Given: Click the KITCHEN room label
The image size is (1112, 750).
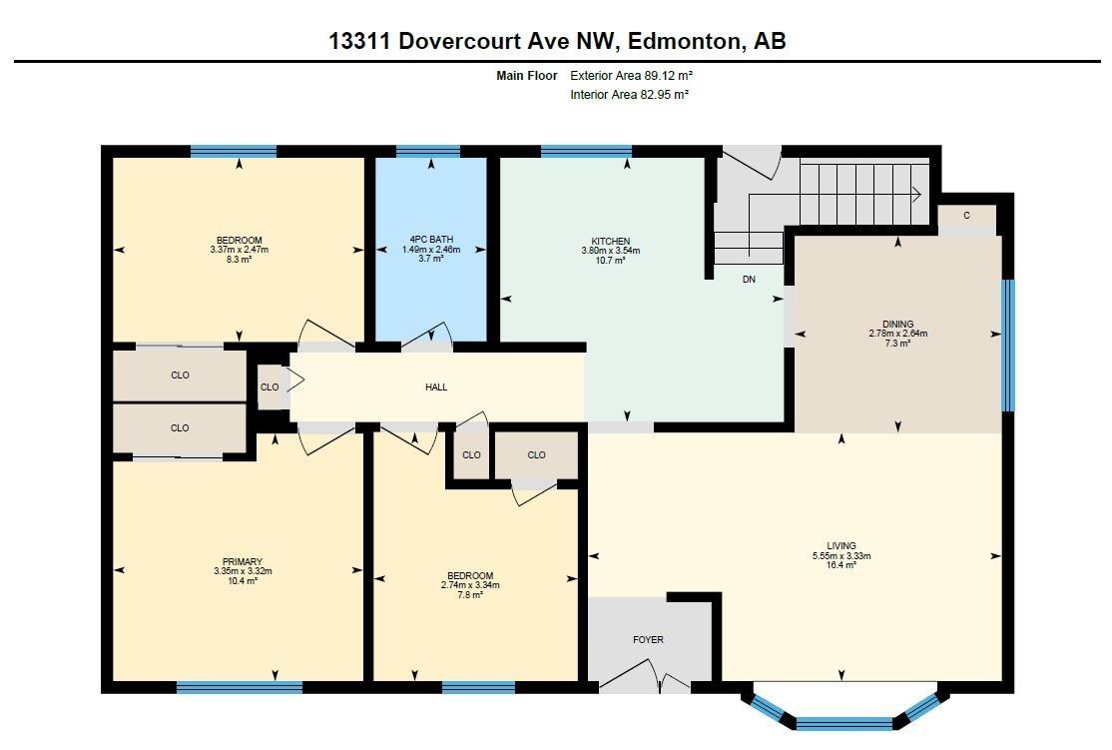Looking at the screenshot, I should [x=610, y=241].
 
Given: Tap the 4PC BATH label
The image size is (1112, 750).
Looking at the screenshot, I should [x=431, y=240].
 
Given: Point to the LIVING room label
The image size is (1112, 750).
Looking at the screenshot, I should [x=841, y=546].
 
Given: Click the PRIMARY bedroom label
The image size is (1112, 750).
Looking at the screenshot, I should [x=243, y=561].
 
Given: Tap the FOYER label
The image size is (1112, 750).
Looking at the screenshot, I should [x=648, y=639].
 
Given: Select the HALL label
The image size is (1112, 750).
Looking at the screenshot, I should [x=436, y=386].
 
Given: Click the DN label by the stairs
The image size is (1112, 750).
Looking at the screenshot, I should [x=749, y=280].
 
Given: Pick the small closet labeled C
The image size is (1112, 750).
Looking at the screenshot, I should [x=966, y=216].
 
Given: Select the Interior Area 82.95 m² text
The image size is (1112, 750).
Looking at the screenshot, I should [x=629, y=95].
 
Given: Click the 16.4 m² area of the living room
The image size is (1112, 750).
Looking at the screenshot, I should [x=841, y=565].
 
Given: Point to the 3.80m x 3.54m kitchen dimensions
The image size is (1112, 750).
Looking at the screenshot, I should [x=610, y=251].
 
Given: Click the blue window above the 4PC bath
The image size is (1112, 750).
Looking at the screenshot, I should [x=428, y=152].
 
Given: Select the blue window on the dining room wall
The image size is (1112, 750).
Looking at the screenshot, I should [x=1007, y=345].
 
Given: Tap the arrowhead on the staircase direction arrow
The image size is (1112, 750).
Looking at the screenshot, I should [x=915, y=194].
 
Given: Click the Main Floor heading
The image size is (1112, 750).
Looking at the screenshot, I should [x=527, y=75].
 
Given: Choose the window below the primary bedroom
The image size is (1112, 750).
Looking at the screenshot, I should [x=240, y=687].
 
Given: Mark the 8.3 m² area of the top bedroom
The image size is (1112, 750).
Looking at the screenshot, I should [x=239, y=259].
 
